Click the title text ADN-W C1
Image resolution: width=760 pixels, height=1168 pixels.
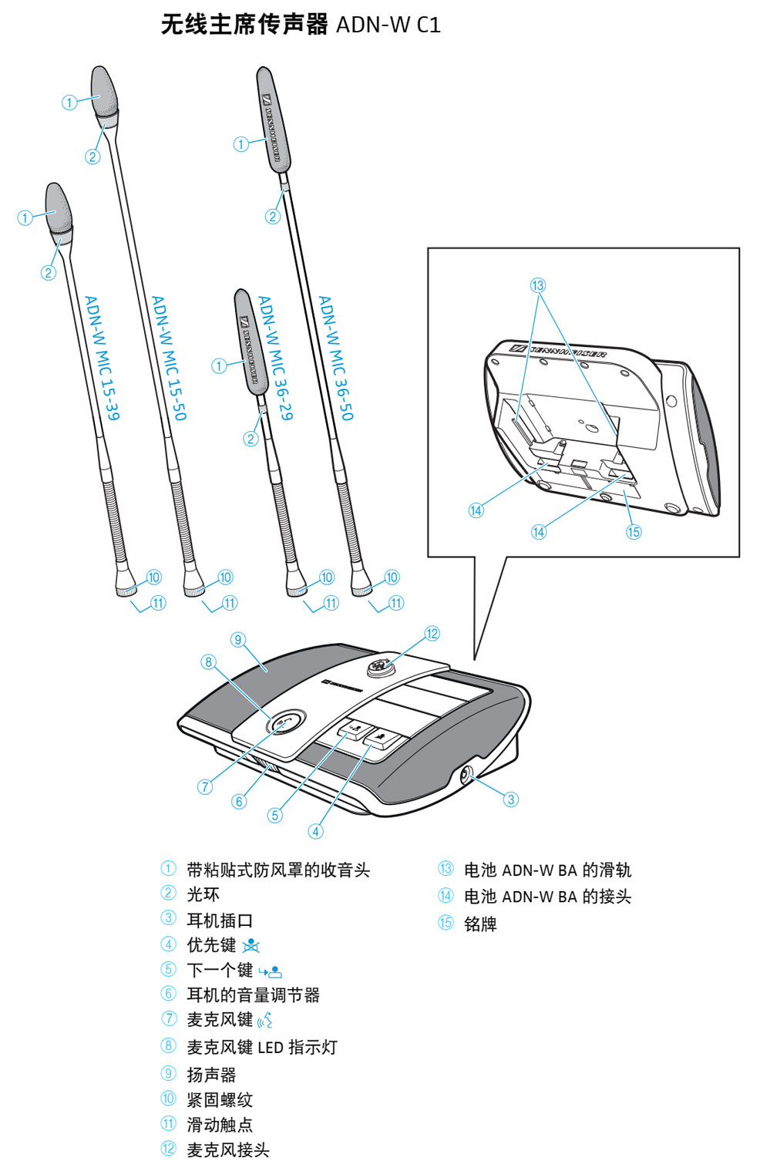(x=388, y=25)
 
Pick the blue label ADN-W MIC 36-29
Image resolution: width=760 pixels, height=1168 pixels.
(x=275, y=357)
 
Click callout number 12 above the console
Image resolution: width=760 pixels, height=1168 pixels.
(x=432, y=633)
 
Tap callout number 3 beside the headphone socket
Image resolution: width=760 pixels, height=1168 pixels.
(x=510, y=799)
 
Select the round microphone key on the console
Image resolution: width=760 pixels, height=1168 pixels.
(x=285, y=723)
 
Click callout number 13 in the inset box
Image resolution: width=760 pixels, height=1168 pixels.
(x=537, y=285)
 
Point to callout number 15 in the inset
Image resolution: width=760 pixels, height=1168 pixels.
(x=633, y=531)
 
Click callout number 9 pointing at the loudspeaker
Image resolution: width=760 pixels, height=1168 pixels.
(x=238, y=639)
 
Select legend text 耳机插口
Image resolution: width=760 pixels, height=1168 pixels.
(x=220, y=920)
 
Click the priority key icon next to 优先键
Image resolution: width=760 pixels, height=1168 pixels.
(x=251, y=946)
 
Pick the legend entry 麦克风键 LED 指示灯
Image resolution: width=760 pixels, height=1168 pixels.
(x=261, y=1047)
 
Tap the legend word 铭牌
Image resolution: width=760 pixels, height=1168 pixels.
(x=480, y=924)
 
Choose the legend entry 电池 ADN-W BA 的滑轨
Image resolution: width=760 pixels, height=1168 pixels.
(x=547, y=870)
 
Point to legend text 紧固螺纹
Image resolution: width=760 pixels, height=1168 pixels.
(x=220, y=1099)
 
